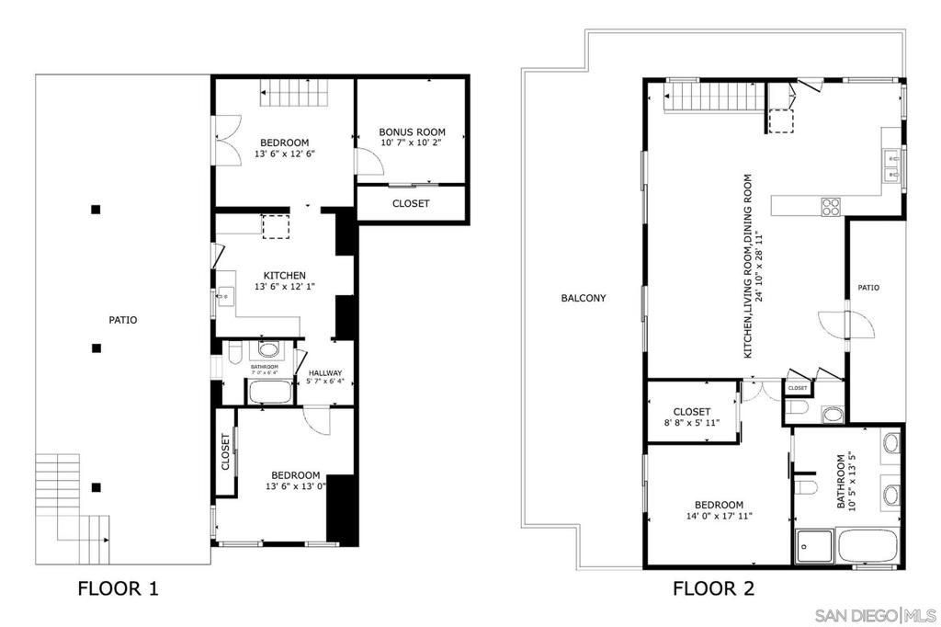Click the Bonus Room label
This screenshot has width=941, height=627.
pos(413,131)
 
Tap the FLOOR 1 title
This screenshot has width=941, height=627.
pos(119,588)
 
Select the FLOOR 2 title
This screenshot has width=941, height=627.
pos(713,588)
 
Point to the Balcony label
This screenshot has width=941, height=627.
pos(584,298)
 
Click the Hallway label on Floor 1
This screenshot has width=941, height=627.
pos(325,373)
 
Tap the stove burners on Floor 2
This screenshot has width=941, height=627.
pos(831,207)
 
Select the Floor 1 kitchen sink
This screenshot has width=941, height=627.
pos(226,296)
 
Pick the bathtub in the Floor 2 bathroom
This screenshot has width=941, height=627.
pos(867,546)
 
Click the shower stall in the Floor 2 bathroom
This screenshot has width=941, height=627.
pos(814,546)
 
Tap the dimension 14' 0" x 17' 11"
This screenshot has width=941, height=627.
pos(719,516)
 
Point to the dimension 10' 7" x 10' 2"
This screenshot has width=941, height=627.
pos(413,142)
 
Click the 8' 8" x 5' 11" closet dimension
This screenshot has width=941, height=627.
pos(692,423)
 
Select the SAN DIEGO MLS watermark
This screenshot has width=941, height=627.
pos(876,616)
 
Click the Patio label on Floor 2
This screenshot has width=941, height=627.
pos(868,288)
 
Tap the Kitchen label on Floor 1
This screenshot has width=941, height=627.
pos(285,276)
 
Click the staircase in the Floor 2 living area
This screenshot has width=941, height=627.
pos(715,97)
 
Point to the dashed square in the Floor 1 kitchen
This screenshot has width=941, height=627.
pos(276,226)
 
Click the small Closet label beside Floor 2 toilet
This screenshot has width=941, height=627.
pos(798,388)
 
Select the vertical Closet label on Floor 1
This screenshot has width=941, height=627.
pos(226,451)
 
